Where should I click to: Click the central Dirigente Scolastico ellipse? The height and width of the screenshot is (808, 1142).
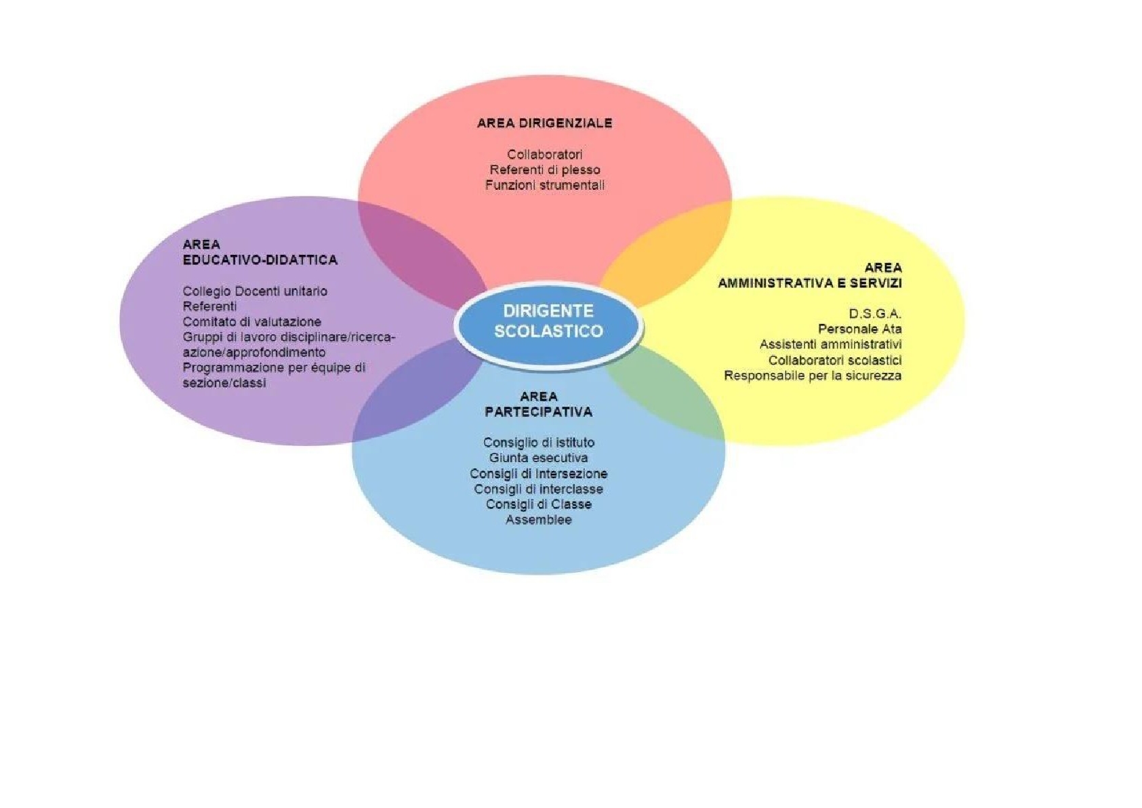548,324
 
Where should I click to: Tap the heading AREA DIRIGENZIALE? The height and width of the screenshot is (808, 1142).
544,123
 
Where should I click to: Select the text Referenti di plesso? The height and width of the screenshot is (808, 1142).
544,169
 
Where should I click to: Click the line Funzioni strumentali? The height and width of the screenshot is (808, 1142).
544,185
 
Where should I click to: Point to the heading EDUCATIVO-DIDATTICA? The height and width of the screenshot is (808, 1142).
260,260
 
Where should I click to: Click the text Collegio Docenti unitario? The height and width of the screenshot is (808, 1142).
255,291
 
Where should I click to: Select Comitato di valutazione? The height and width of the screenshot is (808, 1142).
252,322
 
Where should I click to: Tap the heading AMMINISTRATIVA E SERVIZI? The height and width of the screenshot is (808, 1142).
810,283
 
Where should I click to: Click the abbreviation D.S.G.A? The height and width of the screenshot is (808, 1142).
875,314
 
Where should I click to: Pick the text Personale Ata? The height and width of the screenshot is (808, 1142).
859,329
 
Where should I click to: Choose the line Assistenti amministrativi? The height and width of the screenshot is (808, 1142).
830,344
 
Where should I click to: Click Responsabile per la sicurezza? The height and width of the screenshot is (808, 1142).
813,376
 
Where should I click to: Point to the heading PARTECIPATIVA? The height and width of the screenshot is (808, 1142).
538,412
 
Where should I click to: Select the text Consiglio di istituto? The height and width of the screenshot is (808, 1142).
538,443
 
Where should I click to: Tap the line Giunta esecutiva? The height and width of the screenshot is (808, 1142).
538,458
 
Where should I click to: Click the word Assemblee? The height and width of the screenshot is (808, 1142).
538,520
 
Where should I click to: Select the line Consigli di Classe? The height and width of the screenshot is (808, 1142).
538,504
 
